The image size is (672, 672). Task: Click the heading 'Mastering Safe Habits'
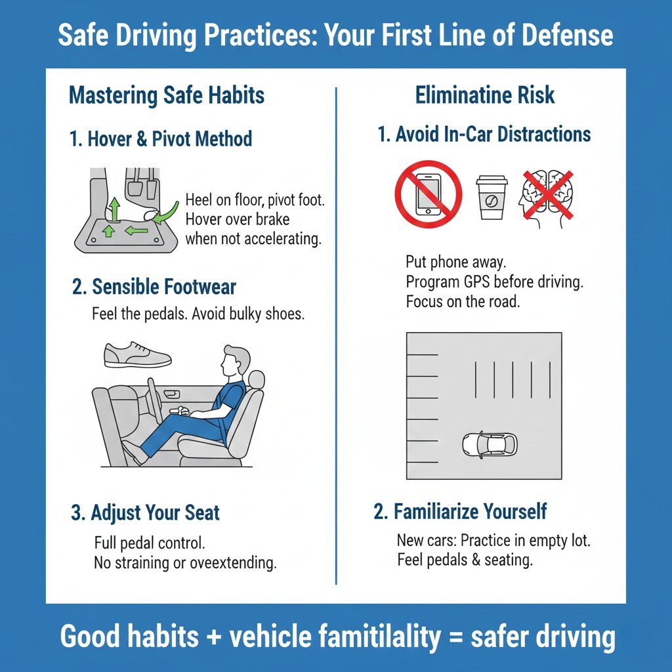tap(167, 96)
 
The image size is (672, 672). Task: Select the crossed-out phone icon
tap(428, 194)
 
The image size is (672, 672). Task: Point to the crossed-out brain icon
tap(546, 198)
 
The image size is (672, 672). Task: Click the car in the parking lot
tap(490, 444)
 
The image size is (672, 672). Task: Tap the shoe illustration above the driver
tap(137, 354)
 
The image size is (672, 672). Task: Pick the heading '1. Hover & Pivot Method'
tap(160, 138)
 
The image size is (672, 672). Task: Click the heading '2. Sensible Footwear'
tap(154, 287)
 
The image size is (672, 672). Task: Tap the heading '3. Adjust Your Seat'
tap(145, 513)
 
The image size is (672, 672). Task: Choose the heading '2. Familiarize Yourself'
tap(460, 511)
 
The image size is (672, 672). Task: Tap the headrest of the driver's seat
tap(257, 379)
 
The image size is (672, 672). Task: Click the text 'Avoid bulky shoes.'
tap(249, 314)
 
